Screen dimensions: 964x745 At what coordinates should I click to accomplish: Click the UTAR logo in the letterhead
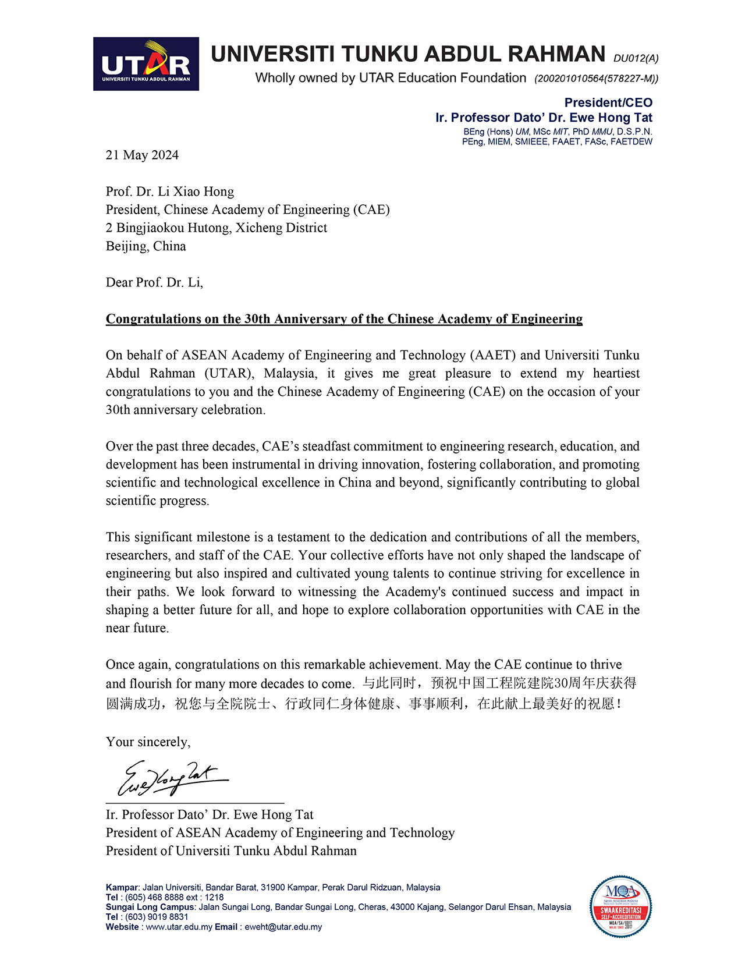coord(146,64)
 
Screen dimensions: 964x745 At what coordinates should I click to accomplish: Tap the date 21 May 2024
coord(142,155)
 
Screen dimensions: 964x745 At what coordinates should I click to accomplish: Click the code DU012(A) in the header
coord(636,58)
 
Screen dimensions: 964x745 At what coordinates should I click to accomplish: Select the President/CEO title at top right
coord(608,103)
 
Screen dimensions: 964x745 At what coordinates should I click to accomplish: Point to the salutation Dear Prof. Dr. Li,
coord(154,283)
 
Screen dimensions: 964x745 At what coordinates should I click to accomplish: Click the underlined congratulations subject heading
coord(344,319)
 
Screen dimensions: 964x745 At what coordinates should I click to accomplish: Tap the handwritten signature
coord(172,778)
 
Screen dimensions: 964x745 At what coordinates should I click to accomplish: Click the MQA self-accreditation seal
coord(620,906)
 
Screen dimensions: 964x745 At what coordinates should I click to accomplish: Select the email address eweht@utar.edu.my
coord(283,927)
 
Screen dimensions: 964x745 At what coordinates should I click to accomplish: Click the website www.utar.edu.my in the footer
coord(179,927)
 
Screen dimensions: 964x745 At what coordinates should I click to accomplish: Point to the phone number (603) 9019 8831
coord(157,917)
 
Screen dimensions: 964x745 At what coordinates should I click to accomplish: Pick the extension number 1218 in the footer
coord(214,898)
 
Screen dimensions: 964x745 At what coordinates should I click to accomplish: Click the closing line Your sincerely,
coord(148,742)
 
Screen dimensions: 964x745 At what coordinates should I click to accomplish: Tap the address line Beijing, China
coord(146,246)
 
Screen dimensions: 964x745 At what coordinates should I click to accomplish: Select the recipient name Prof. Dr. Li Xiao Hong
coord(170,192)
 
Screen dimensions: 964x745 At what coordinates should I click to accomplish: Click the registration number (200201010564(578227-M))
coord(597,79)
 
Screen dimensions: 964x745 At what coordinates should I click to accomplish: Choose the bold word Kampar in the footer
coord(122,888)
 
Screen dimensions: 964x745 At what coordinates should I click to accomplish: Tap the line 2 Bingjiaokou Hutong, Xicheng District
coord(217,228)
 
